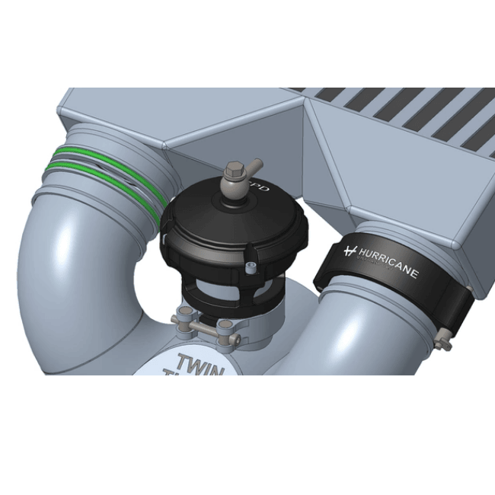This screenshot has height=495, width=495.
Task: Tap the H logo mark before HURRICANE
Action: click(x=351, y=250)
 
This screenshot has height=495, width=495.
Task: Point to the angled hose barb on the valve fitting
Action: click(x=251, y=165)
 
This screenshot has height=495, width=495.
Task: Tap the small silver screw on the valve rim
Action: click(x=251, y=266)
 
